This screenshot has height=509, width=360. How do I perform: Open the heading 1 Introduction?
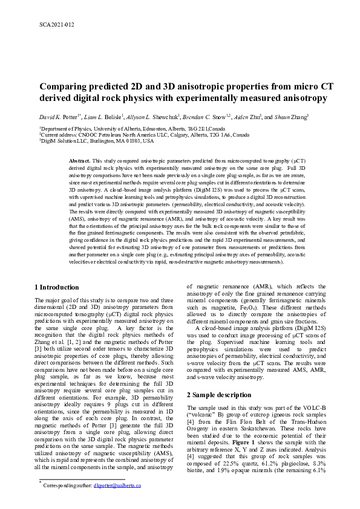point(57,287)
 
